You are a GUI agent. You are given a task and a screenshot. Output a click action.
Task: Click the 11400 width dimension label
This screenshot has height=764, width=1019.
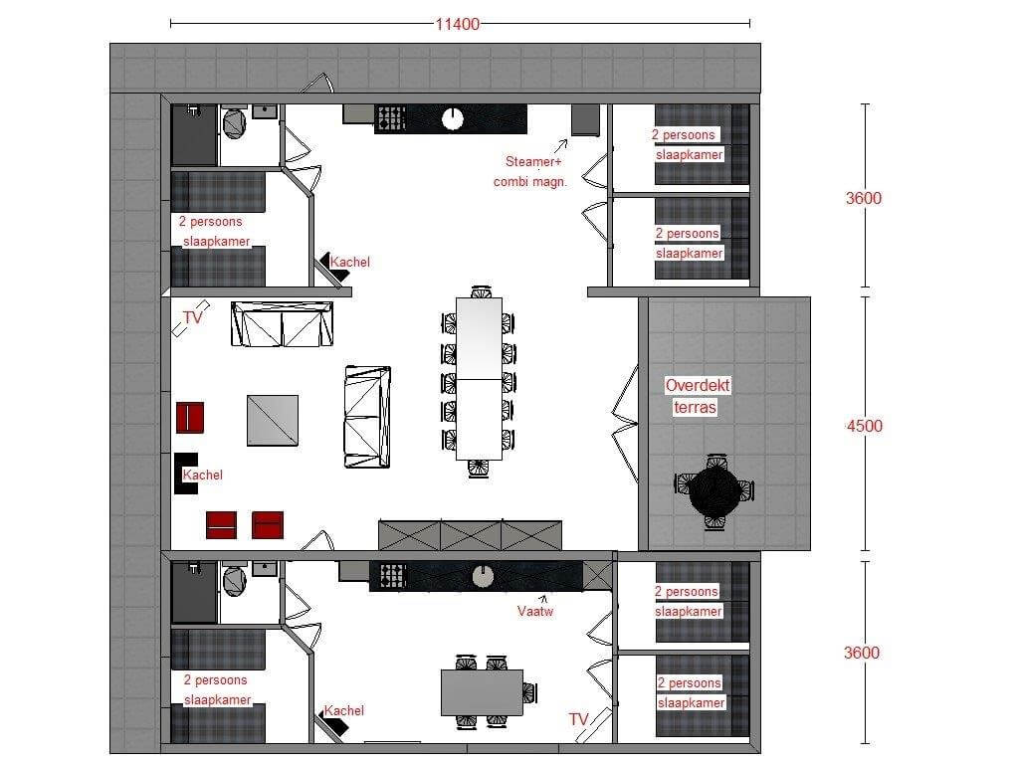point(458,24)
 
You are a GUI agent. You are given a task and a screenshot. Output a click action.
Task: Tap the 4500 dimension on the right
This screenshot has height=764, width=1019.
point(864,426)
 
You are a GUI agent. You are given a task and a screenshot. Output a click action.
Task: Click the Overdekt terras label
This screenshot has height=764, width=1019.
point(697,396)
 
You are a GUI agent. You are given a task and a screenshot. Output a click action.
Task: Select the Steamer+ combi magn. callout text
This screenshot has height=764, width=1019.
point(530,171)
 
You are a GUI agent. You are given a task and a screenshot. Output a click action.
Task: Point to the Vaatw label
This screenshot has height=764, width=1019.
point(534,612)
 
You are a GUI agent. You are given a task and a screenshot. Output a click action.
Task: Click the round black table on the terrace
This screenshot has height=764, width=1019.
point(713,490)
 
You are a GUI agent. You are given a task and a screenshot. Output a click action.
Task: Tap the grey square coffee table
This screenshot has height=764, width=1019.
point(273,421)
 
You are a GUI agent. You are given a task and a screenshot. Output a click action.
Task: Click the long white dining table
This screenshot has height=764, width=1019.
point(479,379)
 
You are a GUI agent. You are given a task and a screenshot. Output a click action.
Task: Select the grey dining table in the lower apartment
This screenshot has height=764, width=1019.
point(482,692)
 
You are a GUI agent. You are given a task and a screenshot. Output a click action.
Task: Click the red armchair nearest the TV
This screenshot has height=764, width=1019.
point(190,417)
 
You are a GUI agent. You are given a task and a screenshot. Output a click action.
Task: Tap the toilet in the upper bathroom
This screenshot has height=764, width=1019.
point(234,122)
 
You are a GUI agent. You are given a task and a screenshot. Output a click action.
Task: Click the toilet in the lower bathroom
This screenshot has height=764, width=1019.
point(234,580)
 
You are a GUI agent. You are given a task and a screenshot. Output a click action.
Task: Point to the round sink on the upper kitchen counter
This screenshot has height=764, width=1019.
point(453,119)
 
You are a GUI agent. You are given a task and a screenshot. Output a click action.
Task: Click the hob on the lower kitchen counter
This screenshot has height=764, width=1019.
point(392,576)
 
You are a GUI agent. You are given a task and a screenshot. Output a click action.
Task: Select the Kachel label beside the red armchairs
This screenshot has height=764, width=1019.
point(202,475)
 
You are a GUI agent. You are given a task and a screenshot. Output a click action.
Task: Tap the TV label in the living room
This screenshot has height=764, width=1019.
point(193,317)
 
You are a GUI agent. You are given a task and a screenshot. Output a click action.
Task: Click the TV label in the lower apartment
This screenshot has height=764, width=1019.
point(578,719)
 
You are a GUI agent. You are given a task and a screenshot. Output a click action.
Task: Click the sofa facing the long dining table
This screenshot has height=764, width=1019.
point(367,417)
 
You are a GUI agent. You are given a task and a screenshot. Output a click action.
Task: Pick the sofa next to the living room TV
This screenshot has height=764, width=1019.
point(282,323)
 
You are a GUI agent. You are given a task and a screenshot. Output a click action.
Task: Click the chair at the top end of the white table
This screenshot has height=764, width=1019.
point(481,291)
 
